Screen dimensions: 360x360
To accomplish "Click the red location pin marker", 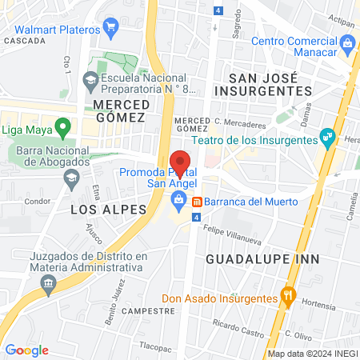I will point(181,162).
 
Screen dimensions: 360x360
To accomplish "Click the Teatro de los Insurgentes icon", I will point(326,136).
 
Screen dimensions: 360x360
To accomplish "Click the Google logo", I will point(26,350).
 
